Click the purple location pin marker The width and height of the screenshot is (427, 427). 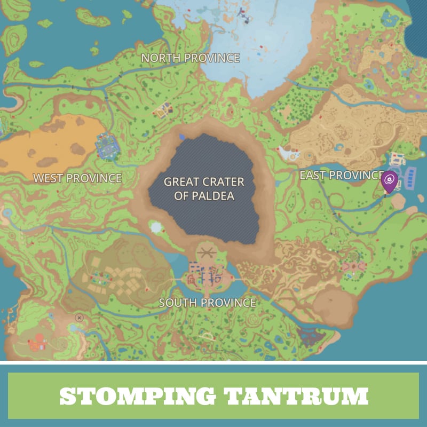pyautogui.click(x=390, y=181)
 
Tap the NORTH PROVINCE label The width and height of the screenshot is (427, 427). pyautogui.click(x=190, y=58)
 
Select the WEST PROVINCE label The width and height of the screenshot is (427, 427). pyautogui.click(x=77, y=178)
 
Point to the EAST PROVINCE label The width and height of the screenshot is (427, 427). pyautogui.click(x=342, y=175)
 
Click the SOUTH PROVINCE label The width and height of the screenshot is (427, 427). pyautogui.click(x=208, y=303)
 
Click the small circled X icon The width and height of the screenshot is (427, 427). pyautogui.click(x=80, y=318)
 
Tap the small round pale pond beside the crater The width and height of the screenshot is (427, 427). pyautogui.click(x=156, y=227)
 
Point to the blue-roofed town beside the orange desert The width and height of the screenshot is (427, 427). pyautogui.click(x=107, y=144)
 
